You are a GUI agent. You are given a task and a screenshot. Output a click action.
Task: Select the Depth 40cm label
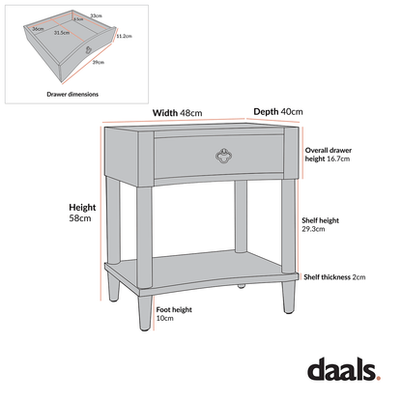pyautogui.click(x=278, y=111)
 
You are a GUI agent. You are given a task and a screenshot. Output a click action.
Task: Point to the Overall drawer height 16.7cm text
pyautogui.click(x=328, y=155)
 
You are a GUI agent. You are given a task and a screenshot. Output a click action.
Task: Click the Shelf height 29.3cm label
pyautogui.click(x=321, y=225)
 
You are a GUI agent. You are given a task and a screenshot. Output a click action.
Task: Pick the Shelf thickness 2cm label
pyautogui.click(x=335, y=277)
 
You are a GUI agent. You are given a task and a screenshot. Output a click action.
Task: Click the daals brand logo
pyautogui.click(x=343, y=370)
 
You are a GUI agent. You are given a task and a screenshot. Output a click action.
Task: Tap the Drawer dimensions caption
pyautogui.click(x=72, y=94)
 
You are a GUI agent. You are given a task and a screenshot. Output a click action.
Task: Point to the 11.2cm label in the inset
pyautogui.click(x=124, y=37)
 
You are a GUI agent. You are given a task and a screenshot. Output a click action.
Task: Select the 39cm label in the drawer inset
pyautogui.click(x=99, y=62)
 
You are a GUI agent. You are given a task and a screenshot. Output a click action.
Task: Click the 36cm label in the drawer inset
pyautogui.click(x=38, y=29)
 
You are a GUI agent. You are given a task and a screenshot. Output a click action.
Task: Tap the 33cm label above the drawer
pyautogui.click(x=96, y=15)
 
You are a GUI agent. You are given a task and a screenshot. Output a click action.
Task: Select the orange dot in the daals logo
pyautogui.click(x=382, y=378)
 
